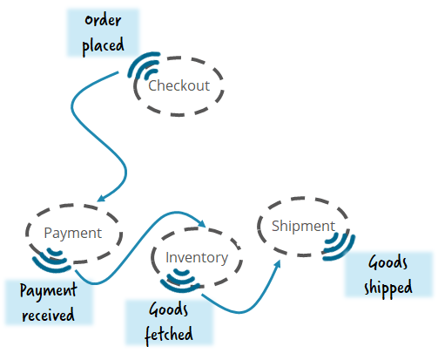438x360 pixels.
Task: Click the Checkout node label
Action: click(x=179, y=85)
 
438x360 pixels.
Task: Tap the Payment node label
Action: click(x=73, y=233)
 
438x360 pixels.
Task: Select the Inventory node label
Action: click(x=197, y=257)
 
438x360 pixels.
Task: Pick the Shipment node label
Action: click(x=303, y=227)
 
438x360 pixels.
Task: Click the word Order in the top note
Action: click(x=103, y=20)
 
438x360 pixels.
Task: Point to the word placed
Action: click(x=103, y=44)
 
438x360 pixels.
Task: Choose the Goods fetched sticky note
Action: click(x=168, y=320)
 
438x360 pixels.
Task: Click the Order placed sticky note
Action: click(x=103, y=32)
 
